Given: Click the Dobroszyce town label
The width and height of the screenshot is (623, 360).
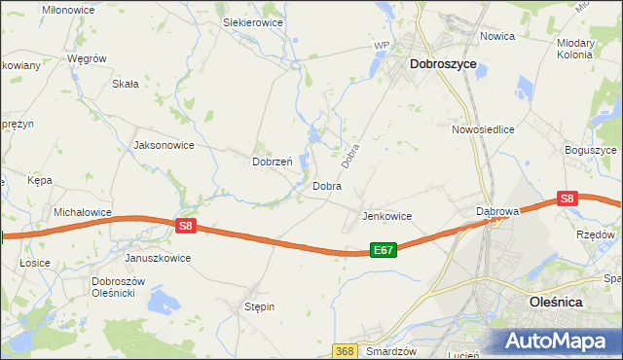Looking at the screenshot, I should click(443, 63).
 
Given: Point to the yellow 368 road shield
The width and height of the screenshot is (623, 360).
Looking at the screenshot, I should click(344, 350).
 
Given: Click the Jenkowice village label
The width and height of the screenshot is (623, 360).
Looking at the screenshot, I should click(386, 216).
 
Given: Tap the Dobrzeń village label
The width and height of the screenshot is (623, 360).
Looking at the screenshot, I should click(272, 162).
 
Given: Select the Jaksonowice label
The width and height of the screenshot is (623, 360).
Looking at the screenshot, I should click(164, 145).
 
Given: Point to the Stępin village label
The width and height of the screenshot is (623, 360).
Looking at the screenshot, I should click(259, 306).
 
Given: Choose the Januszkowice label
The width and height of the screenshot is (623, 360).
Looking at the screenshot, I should click(158, 259).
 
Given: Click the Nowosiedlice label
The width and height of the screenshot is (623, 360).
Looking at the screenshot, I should click(482, 128).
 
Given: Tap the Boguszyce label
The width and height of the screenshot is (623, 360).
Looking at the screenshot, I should click(591, 151).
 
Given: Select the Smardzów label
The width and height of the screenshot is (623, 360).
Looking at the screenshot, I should click(392, 350).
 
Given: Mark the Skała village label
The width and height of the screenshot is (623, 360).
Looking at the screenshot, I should click(126, 84).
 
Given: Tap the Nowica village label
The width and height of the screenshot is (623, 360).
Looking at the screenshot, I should click(496, 36).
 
